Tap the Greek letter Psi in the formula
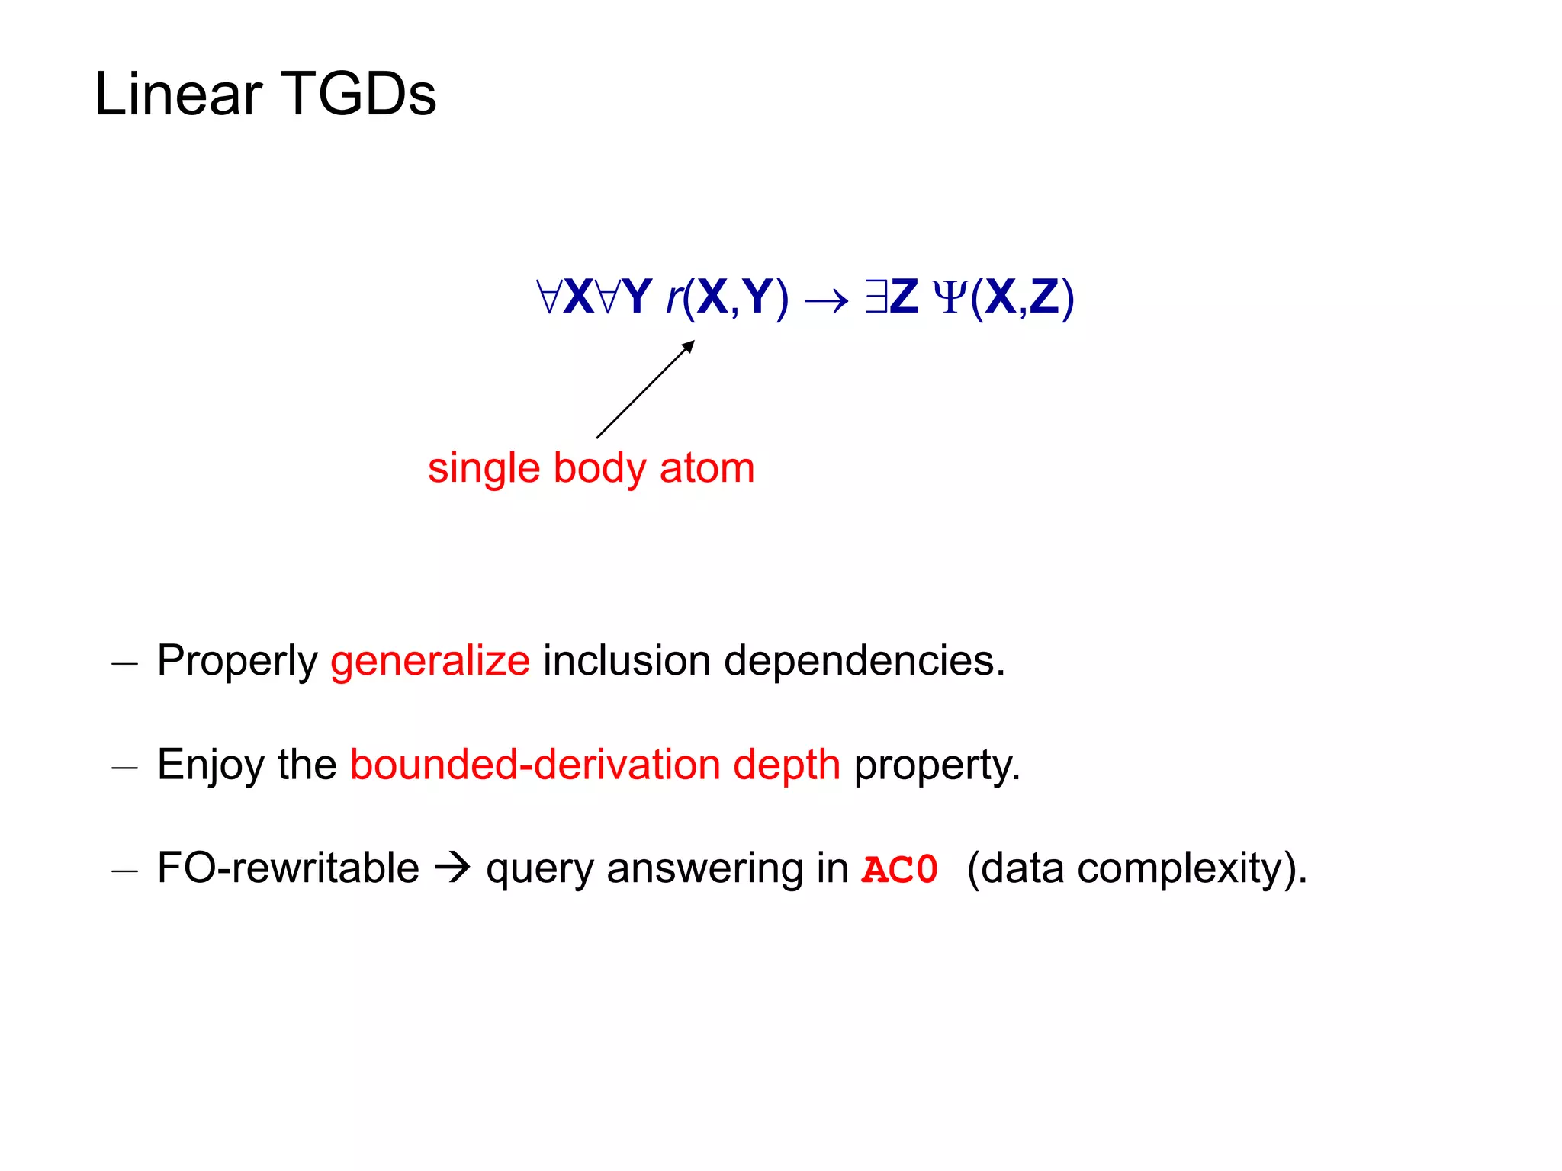click(950, 298)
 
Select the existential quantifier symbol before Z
click(875, 297)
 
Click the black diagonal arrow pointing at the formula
click(645, 390)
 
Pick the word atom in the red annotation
click(707, 468)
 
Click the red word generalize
click(430, 661)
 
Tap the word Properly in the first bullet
click(237, 661)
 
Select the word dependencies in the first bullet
click(864, 661)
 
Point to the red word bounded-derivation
click(535, 765)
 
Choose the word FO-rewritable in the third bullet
click(288, 868)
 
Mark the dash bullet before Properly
click(124, 663)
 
